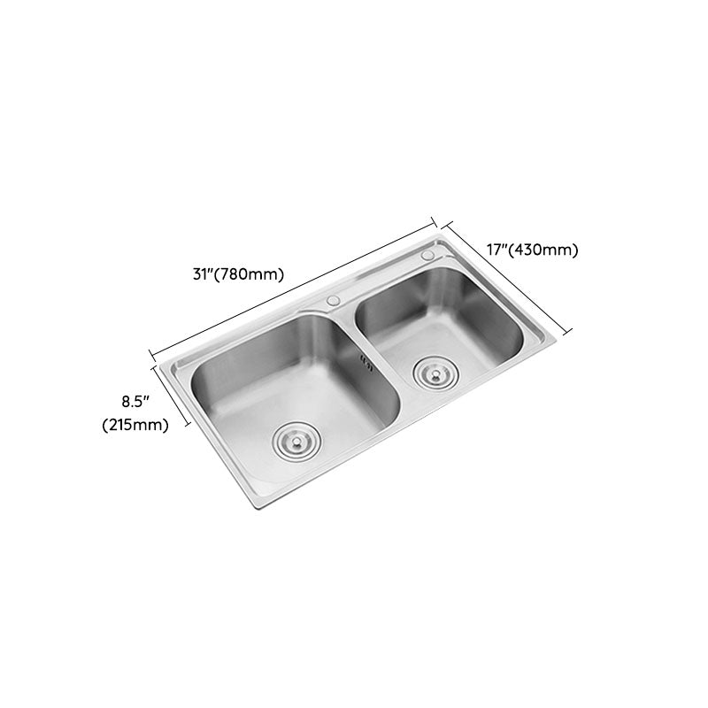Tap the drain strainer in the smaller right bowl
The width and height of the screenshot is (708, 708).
coord(432,372)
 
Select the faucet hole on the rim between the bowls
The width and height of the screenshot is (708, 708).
coord(334,301)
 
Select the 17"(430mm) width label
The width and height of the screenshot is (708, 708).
coord(533,250)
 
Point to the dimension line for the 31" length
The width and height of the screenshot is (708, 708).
coord(292,286)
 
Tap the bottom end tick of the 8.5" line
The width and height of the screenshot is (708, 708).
coord(188,427)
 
